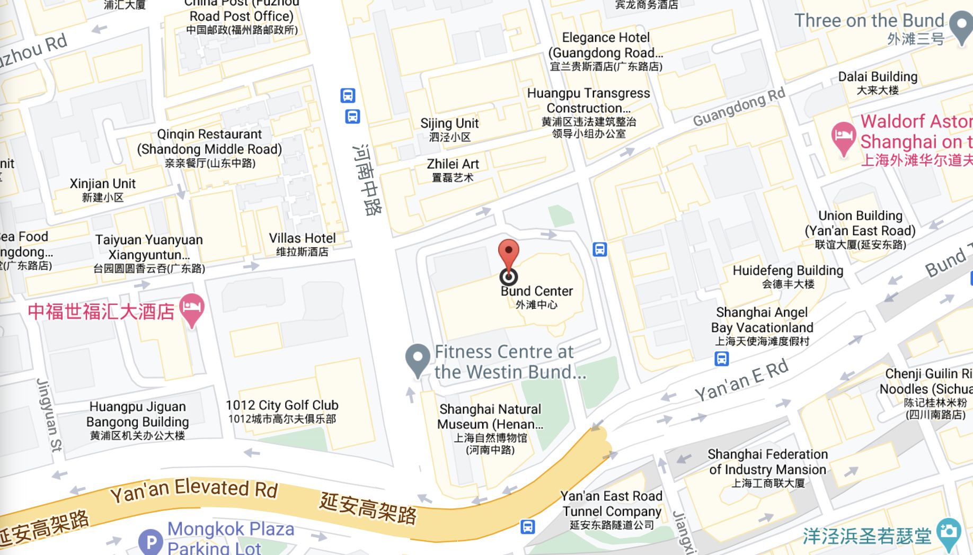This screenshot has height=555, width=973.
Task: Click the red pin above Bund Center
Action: (509, 253)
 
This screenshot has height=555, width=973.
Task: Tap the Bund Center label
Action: (536, 291)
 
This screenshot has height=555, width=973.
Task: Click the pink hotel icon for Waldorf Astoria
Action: (843, 137)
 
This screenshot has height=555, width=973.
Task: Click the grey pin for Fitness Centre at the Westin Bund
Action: (418, 359)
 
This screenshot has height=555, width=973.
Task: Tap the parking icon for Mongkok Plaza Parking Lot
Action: (151, 542)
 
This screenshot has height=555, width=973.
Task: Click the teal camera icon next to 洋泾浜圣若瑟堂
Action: (949, 533)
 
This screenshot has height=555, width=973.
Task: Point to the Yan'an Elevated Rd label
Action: (194, 489)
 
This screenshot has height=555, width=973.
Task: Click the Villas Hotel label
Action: (302, 238)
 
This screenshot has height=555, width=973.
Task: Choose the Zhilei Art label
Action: (453, 165)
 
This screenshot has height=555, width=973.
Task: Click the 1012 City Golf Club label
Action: (282, 406)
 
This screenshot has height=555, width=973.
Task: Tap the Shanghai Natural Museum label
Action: (490, 416)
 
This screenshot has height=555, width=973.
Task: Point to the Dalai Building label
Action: (878, 77)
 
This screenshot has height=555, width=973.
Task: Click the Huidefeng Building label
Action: (788, 271)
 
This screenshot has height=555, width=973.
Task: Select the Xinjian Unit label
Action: (103, 184)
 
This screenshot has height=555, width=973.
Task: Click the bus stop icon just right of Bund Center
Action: (599, 249)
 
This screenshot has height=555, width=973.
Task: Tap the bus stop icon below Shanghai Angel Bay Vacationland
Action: (721, 359)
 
